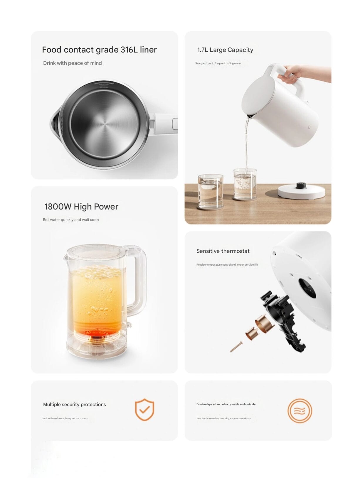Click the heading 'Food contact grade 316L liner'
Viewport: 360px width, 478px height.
click(99, 50)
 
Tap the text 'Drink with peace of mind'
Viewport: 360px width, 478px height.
click(72, 63)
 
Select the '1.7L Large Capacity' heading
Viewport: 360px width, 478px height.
click(225, 50)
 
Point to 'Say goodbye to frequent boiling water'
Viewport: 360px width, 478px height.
click(218, 63)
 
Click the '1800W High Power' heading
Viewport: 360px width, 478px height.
click(81, 207)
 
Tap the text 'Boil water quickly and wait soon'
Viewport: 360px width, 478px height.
click(71, 220)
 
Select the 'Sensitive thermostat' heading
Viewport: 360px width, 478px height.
click(223, 251)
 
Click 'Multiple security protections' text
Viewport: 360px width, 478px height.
click(75, 404)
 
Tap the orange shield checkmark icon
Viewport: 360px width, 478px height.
click(144, 409)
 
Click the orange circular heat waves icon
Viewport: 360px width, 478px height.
click(300, 411)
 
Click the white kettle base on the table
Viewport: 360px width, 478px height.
click(301, 191)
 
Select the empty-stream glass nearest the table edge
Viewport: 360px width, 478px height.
click(211, 191)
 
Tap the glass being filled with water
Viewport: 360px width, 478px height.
click(245, 184)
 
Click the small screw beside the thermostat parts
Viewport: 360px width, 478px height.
click(236, 347)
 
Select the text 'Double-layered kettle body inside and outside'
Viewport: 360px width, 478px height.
click(226, 404)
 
